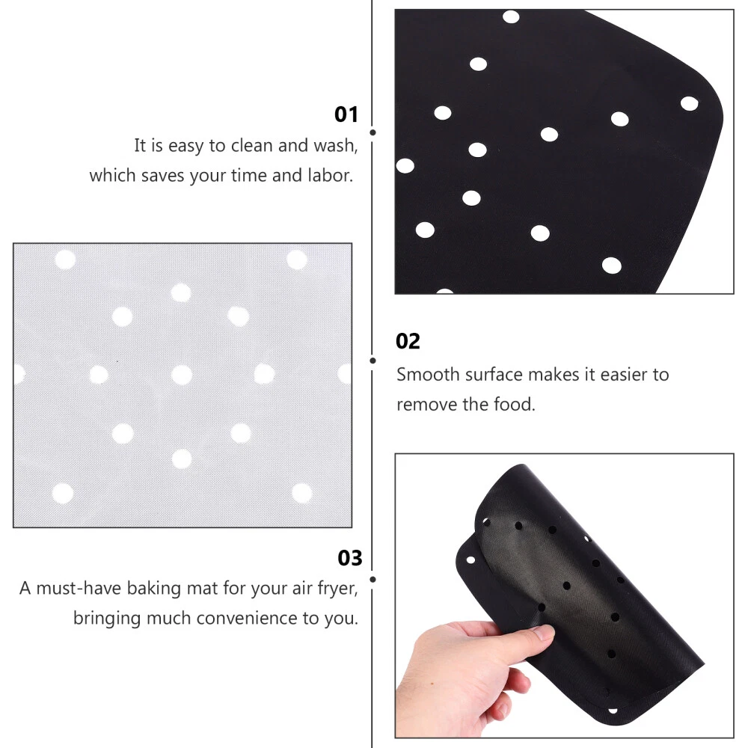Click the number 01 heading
click(x=346, y=114)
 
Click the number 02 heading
click(x=408, y=341)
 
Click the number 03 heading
click(x=349, y=558)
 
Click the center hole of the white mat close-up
click(x=181, y=375)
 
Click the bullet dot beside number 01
click(x=373, y=132)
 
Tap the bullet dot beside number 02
click(x=373, y=361)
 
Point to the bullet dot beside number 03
click(x=373, y=580)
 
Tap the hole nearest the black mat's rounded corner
click(x=690, y=103)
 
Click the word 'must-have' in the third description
click(x=79, y=589)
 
